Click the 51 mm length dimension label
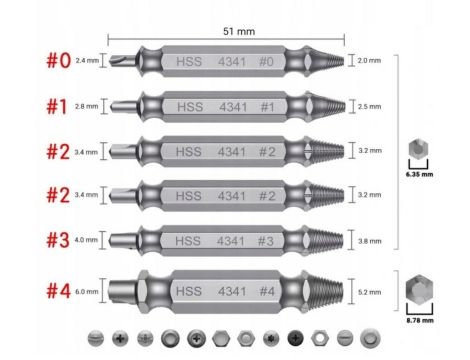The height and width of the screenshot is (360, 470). coord(239,31)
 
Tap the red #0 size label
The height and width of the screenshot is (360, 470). coord(59,61)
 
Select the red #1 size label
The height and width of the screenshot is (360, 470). coord(57,107)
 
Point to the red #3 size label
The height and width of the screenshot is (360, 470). coord(58,240)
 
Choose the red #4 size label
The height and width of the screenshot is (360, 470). coord(59,291)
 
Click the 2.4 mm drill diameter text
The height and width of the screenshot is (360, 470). coord(87,60)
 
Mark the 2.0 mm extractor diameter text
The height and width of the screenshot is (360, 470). coord(369,60)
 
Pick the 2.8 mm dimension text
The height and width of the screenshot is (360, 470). coord(87,106)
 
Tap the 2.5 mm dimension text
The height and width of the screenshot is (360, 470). coord(369,106)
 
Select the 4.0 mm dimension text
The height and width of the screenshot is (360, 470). coord(86,240)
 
